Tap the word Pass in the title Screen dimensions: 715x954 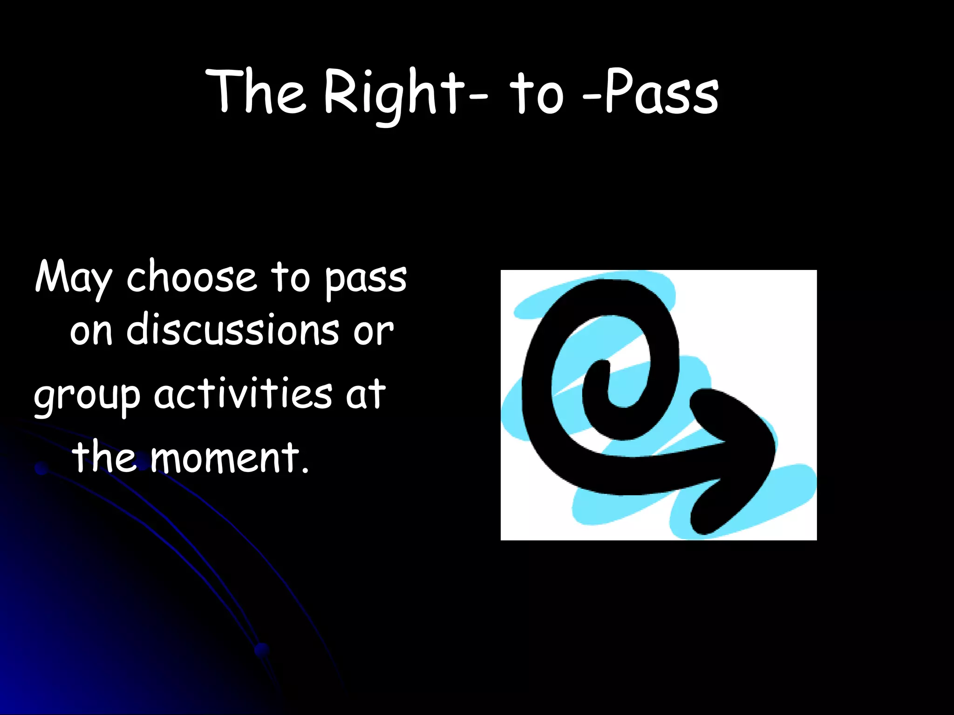[x=661, y=93]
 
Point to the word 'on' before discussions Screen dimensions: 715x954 [x=91, y=332]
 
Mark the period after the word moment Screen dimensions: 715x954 [x=305, y=471]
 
